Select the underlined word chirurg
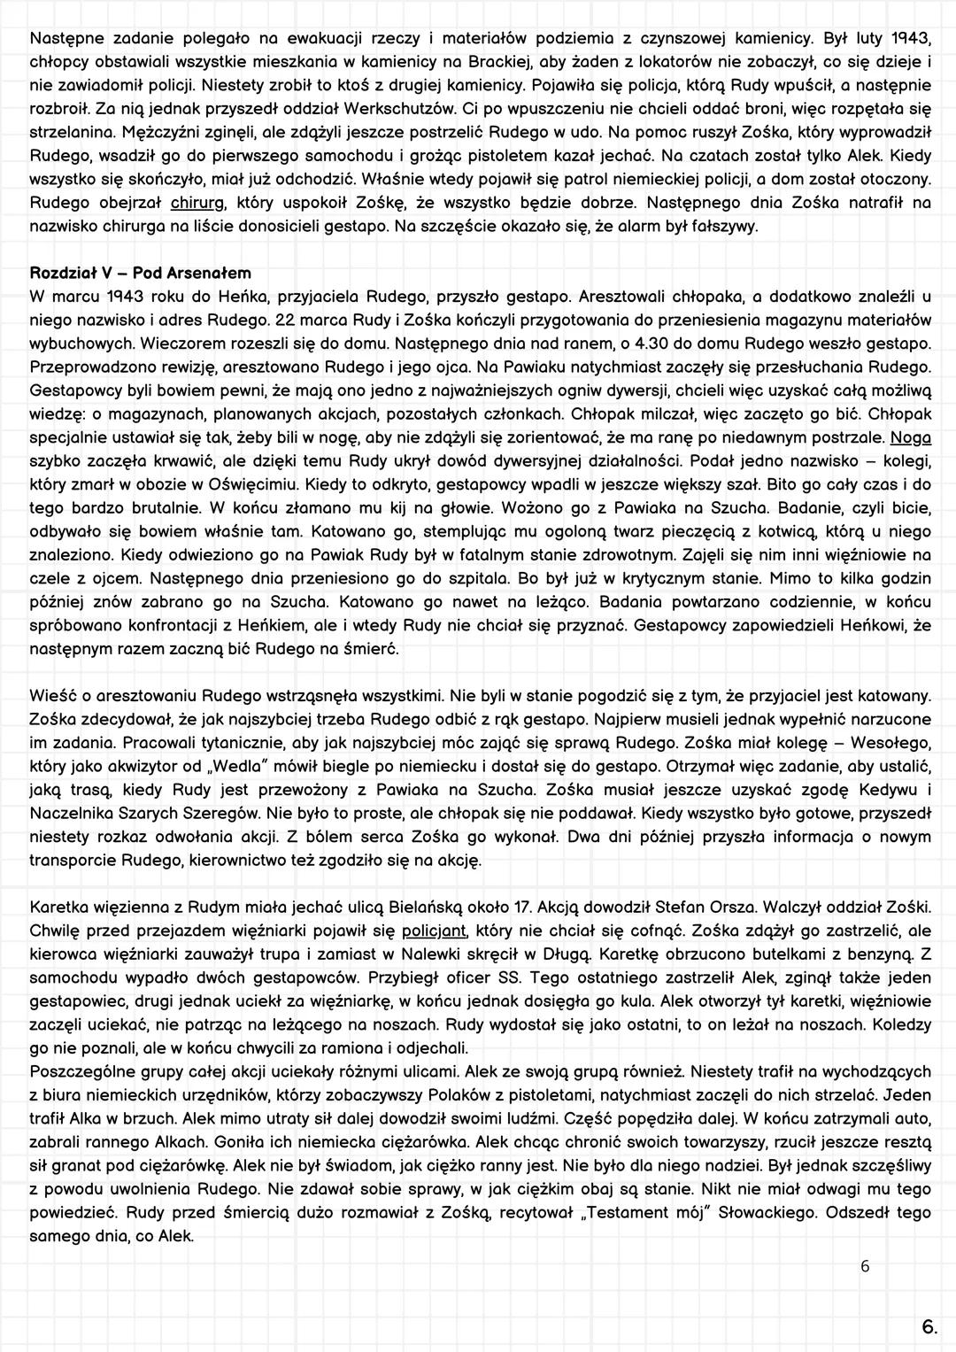tap(196, 204)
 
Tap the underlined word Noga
tap(910, 437)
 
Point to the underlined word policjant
tap(434, 931)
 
